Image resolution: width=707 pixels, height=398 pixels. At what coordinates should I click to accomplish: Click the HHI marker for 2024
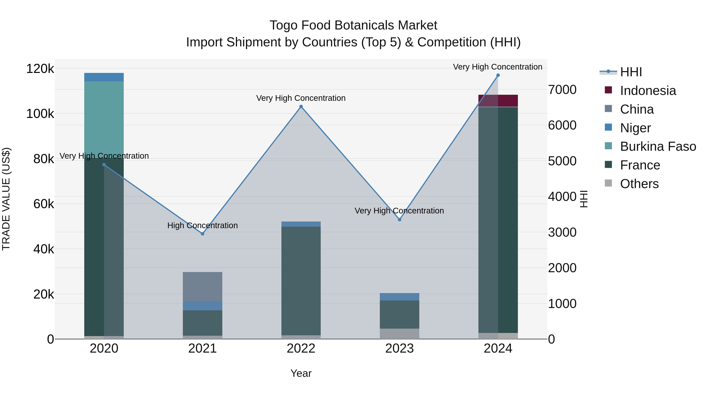[498, 75]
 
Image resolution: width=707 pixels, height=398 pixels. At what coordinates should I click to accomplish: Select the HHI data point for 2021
[202, 234]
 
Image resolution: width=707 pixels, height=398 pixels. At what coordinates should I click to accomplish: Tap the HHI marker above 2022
[301, 107]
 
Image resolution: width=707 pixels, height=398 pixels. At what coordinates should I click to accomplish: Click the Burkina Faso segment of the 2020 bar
[104, 118]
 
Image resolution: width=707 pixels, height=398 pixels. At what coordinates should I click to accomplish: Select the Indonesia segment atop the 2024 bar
[498, 100]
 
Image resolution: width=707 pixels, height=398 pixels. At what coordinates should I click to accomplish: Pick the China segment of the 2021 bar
[202, 287]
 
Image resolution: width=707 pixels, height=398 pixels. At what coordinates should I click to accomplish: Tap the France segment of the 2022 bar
[301, 280]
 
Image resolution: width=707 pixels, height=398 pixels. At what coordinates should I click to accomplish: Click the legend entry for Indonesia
[648, 91]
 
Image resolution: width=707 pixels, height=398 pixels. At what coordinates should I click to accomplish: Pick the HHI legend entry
[631, 72]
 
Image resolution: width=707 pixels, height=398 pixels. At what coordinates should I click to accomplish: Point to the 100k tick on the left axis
[40, 114]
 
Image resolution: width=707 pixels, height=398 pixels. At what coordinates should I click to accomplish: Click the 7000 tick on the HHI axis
[562, 90]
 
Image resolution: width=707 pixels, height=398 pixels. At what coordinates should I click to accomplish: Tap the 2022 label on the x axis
[301, 348]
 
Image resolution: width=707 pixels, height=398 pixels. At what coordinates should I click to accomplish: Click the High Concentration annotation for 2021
[202, 225]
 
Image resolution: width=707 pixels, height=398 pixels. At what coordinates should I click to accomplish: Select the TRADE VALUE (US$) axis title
[6, 199]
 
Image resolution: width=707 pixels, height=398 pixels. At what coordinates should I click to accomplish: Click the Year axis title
[301, 373]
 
